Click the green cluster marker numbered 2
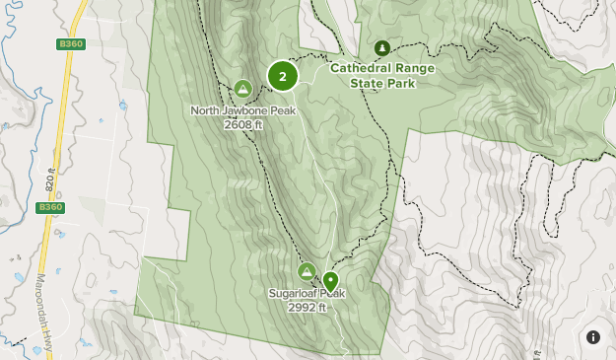(283, 75)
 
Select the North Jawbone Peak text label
(243, 110)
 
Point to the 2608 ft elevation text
(243, 124)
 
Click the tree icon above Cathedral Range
(382, 48)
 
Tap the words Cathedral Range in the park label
(382, 69)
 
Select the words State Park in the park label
(382, 83)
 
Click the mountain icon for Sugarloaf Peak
(307, 271)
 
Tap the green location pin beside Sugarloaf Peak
(330, 281)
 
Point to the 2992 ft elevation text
(307, 307)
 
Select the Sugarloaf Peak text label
(307, 293)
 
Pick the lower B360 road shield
(49, 207)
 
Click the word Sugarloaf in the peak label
(292, 293)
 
